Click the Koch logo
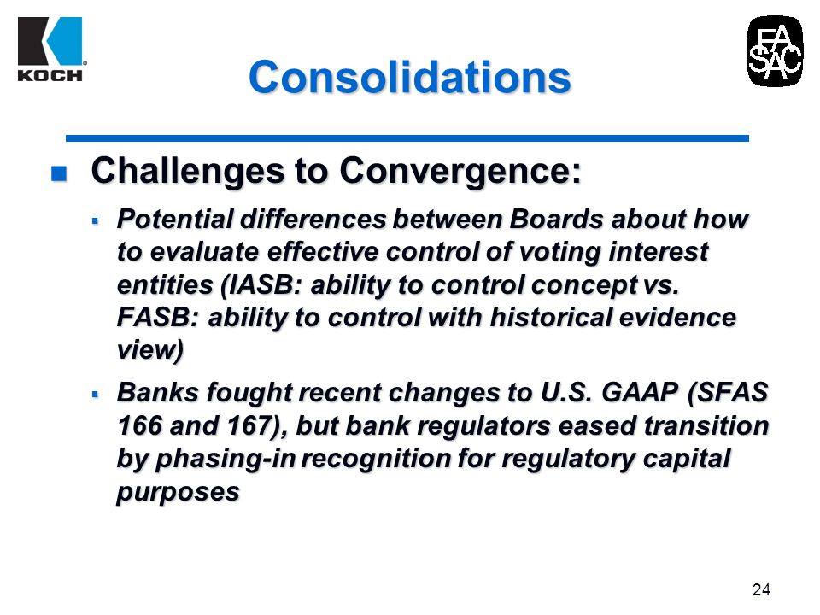pos(50,50)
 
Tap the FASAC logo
pos(775,51)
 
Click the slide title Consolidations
pos(409,77)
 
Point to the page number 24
pos(761,590)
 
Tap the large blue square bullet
pos(59,173)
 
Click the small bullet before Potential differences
pos(95,221)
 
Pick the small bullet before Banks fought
pos(95,395)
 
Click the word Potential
pos(174,219)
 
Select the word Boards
pos(556,219)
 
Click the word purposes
pos(178,493)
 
